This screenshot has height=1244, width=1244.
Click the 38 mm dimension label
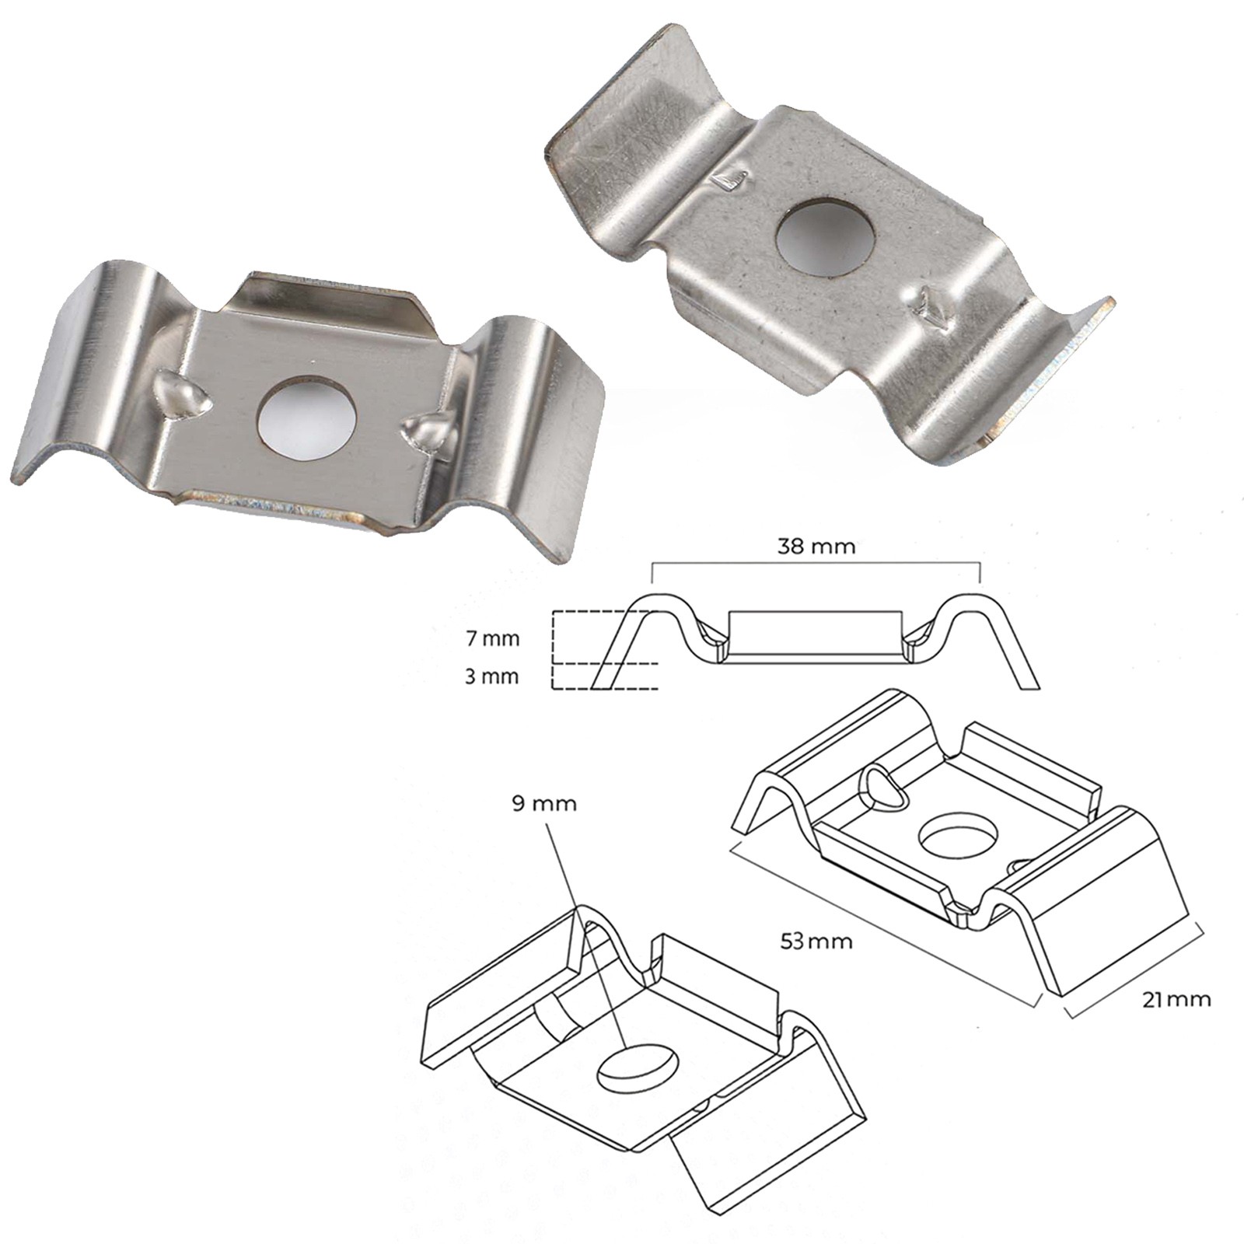point(816,546)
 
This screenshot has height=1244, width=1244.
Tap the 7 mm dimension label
point(491,639)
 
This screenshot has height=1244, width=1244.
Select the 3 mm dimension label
point(491,676)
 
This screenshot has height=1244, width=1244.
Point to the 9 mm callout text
point(544,803)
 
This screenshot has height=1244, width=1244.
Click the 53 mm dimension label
point(816,942)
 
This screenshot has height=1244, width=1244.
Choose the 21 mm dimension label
point(1176,999)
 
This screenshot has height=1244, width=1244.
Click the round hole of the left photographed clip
point(306,418)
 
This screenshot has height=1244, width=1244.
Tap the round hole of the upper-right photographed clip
point(826,238)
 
